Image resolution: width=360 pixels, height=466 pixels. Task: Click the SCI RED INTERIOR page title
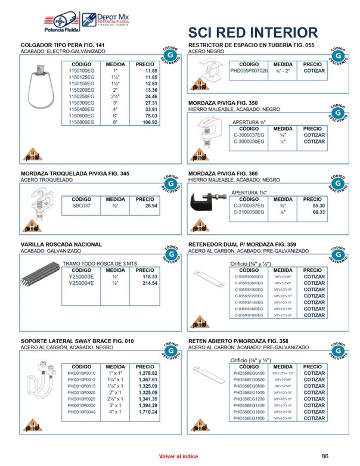coord(253,32)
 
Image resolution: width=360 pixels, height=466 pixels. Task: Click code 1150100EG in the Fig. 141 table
coord(82,70)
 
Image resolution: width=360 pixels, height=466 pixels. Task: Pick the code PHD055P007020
coord(249,71)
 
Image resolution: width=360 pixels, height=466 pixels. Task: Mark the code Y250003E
coord(82,277)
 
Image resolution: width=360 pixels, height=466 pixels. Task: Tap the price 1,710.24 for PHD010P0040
coord(147,412)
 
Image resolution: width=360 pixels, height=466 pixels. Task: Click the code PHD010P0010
coord(82,373)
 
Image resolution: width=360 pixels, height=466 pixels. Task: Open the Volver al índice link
coord(178,456)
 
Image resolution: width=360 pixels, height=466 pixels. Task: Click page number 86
coord(325,456)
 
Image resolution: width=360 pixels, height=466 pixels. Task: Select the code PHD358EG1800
coord(249,418)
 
